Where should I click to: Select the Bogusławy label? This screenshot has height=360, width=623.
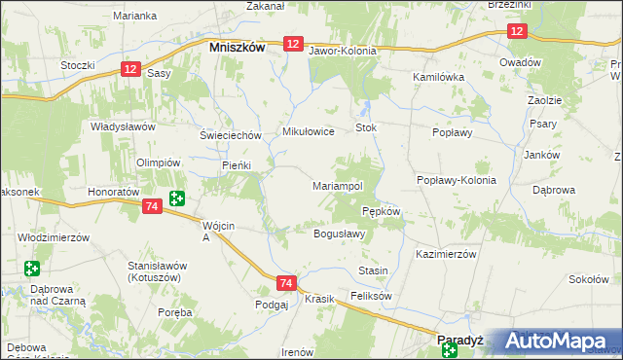click(339, 234)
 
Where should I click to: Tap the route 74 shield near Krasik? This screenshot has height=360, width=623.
click(285, 283)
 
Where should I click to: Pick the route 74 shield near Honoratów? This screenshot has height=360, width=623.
click(150, 207)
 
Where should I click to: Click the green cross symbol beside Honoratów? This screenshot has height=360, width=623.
click(176, 198)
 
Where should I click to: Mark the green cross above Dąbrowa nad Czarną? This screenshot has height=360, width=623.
click(32, 268)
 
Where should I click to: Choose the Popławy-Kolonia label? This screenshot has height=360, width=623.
click(457, 180)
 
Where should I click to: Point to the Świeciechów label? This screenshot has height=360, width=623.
click(231, 135)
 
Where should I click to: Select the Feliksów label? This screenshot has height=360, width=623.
click(371, 295)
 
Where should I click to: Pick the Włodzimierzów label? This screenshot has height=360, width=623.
click(54, 236)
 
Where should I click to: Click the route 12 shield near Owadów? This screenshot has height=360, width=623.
click(516, 32)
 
